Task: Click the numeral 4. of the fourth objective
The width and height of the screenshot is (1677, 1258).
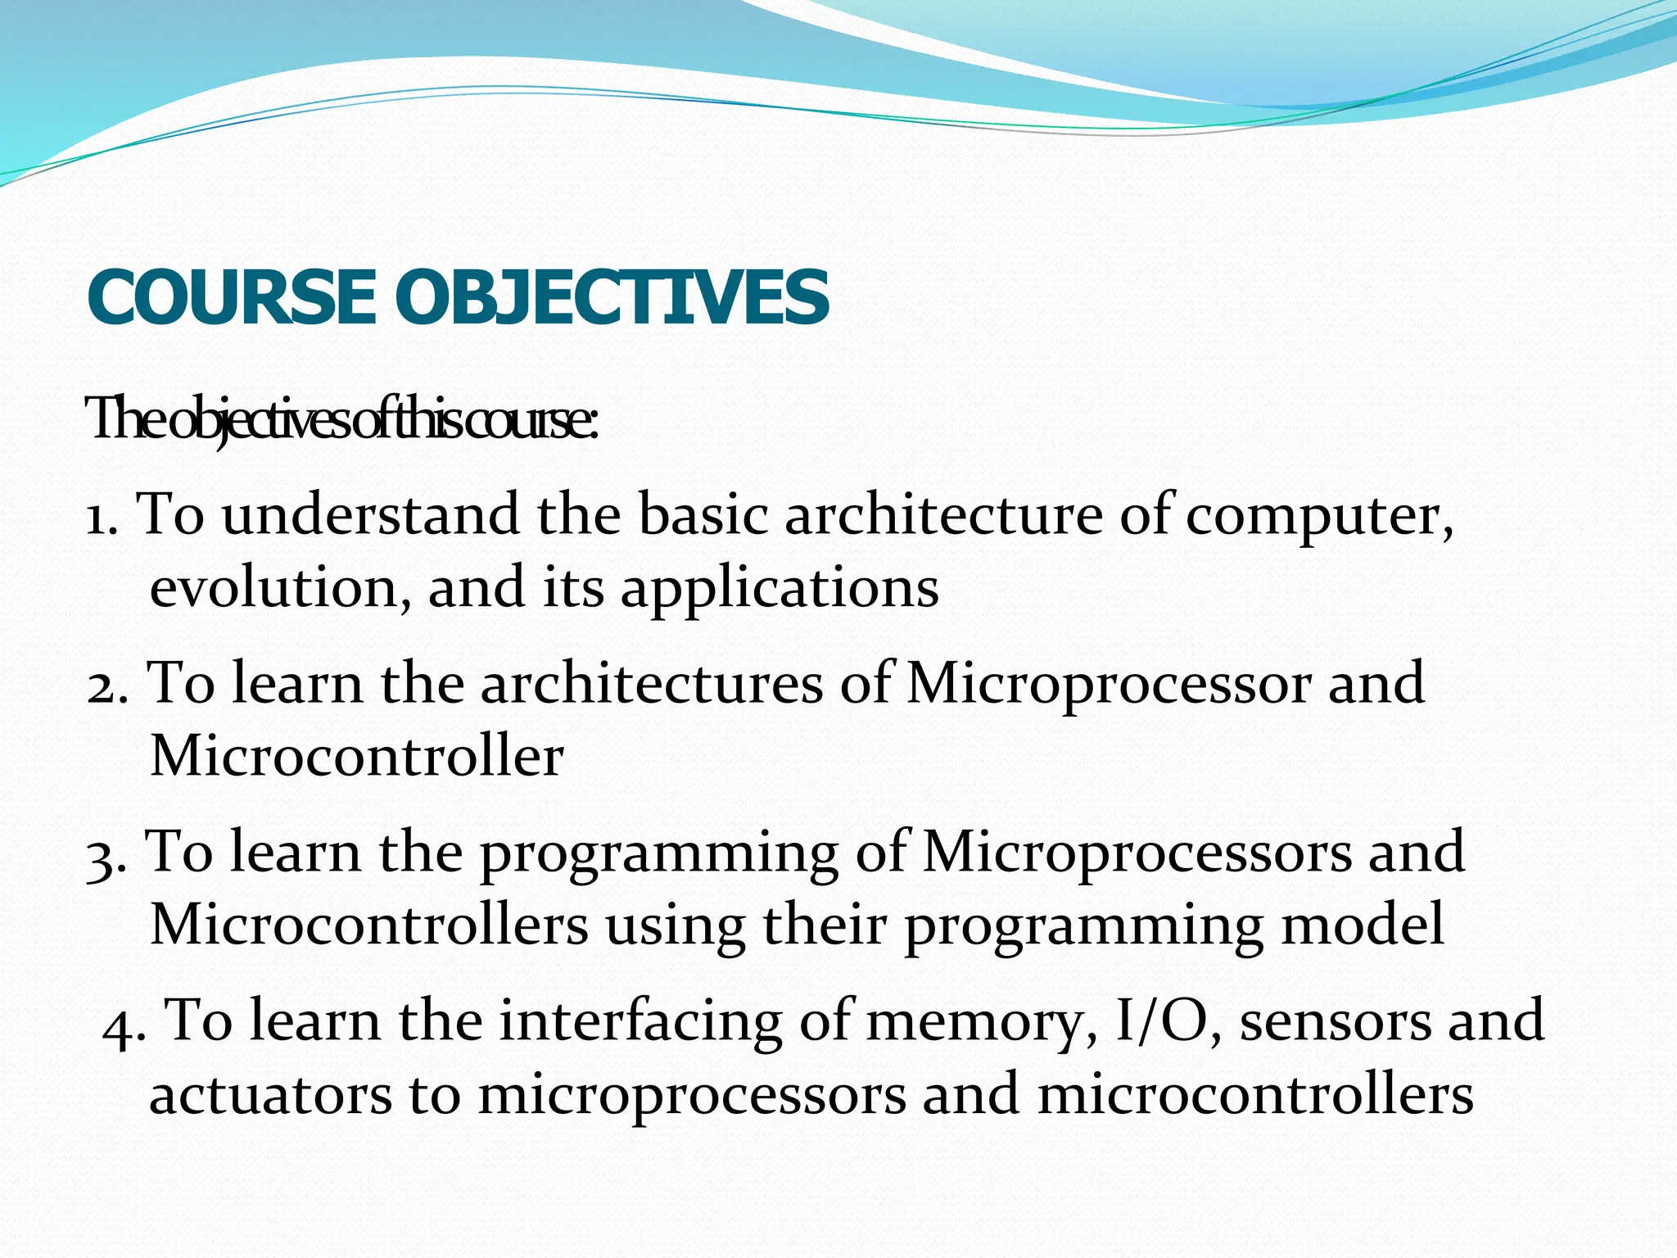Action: tap(124, 1024)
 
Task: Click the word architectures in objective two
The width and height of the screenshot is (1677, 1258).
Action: tap(651, 685)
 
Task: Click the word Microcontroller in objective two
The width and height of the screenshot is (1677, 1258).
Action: tap(357, 757)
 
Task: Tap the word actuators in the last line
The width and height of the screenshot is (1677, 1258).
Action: tap(270, 1096)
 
